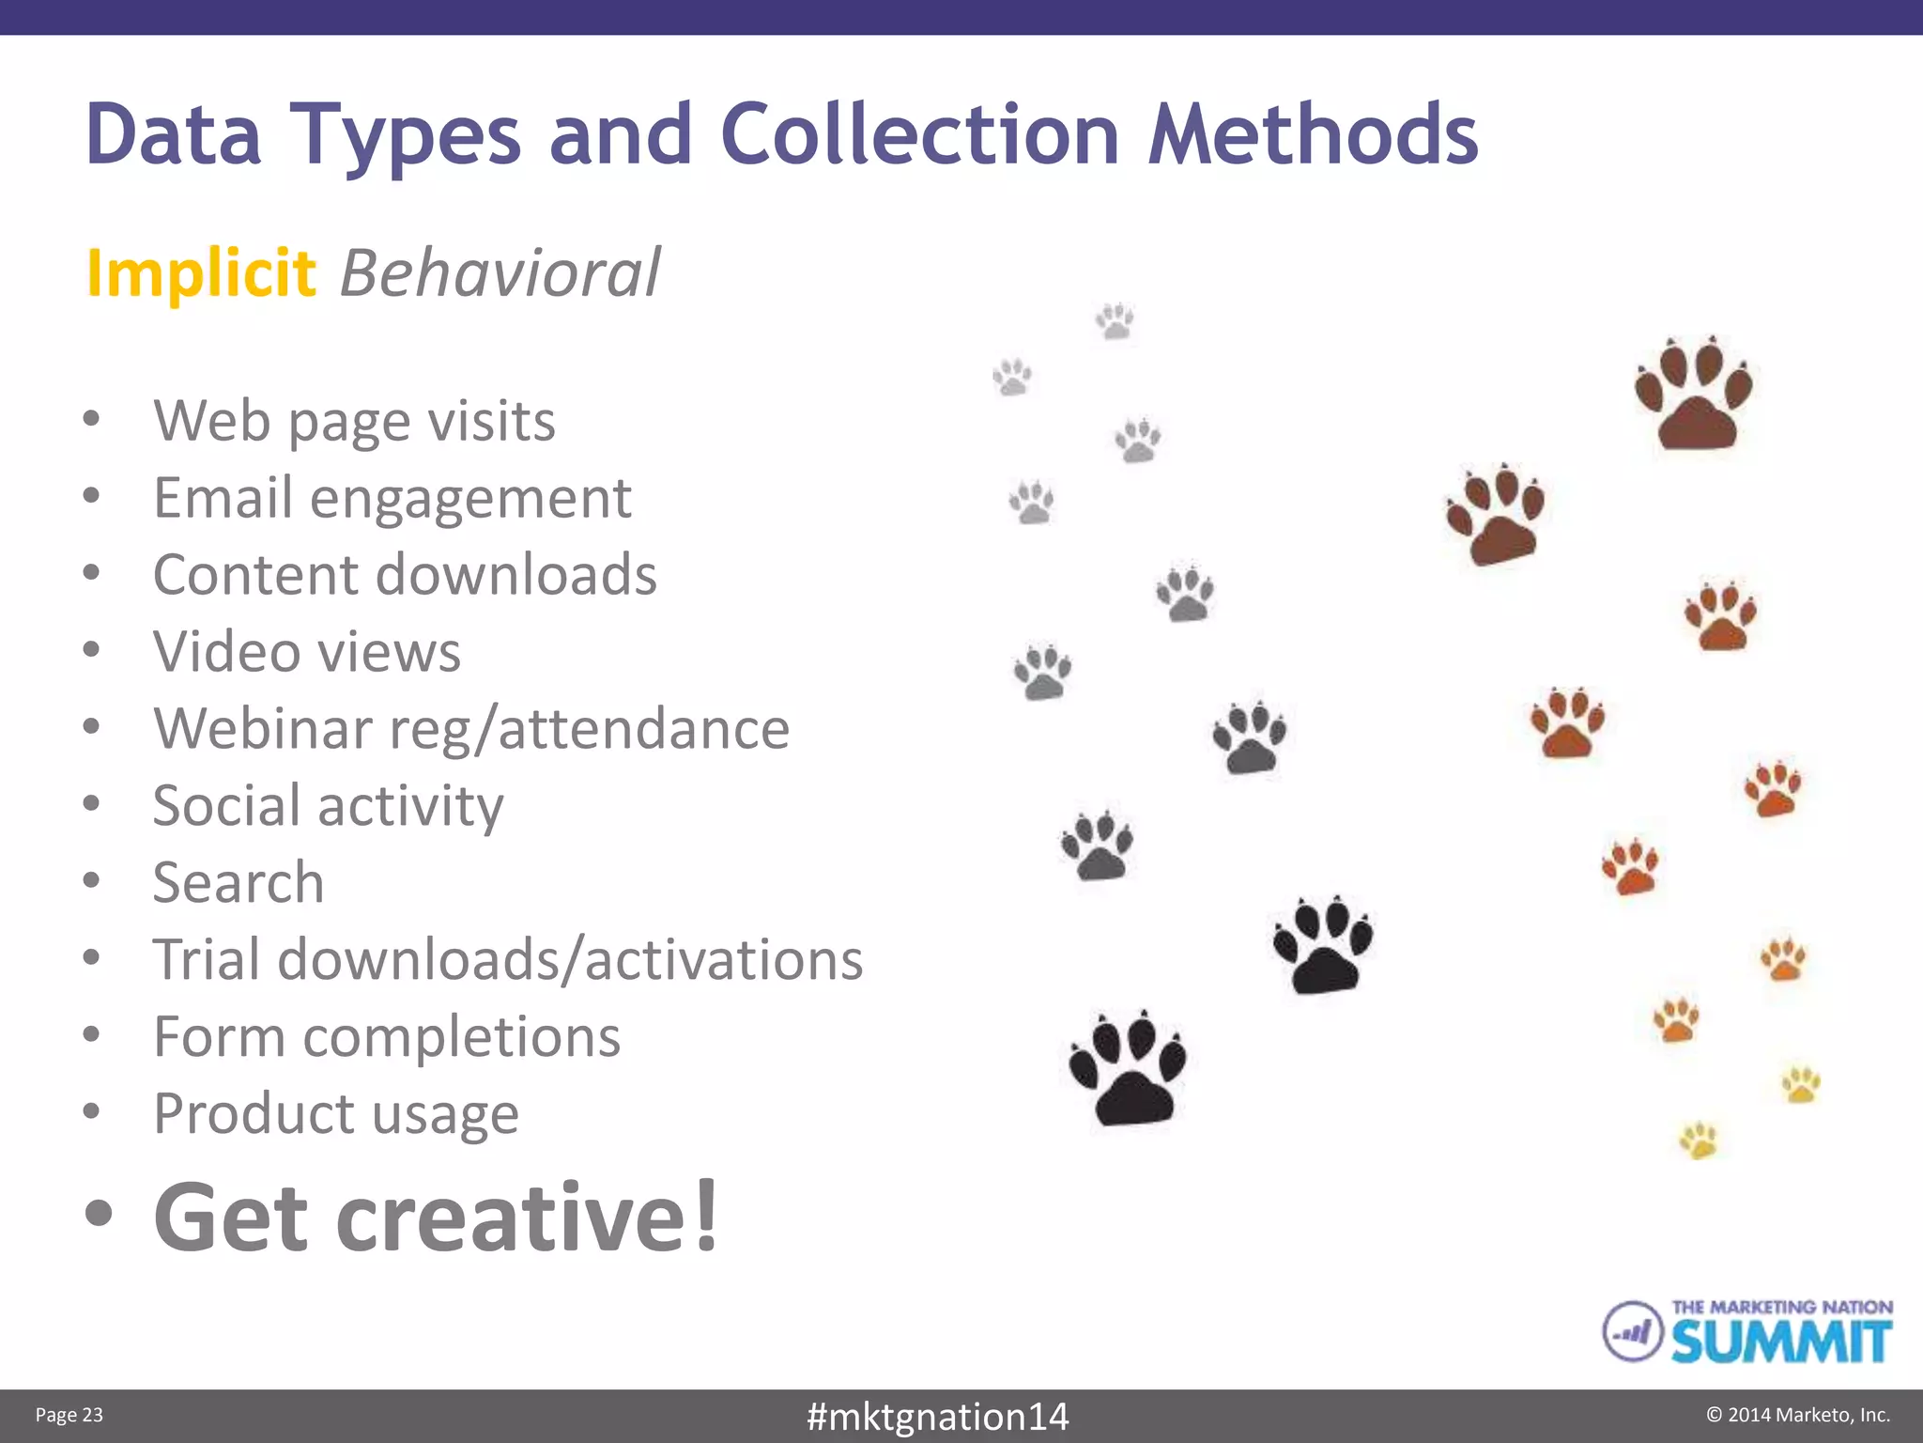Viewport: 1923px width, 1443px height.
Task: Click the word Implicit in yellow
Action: pyautogui.click(x=200, y=273)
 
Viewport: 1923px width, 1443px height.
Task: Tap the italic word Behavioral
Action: pyautogui.click(x=500, y=273)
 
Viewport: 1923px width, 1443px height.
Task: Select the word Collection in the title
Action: pyautogui.click(x=920, y=134)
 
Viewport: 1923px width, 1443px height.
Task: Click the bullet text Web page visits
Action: pyautogui.click(x=354, y=420)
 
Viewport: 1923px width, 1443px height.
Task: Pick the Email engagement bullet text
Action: pyautogui.click(x=392, y=497)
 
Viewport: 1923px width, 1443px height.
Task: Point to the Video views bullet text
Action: pyautogui.click(x=307, y=651)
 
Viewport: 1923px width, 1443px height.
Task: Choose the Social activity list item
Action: pyautogui.click(x=328, y=806)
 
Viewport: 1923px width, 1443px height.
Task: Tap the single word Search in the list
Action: pyautogui.click(x=238, y=882)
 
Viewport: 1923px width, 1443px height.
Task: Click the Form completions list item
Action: pyautogui.click(x=387, y=1036)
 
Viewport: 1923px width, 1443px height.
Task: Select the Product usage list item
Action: pyautogui.click(x=336, y=1114)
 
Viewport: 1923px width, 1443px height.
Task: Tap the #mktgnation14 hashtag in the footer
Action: pyautogui.click(x=937, y=1416)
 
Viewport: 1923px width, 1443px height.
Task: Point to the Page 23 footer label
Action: pyautogui.click(x=69, y=1415)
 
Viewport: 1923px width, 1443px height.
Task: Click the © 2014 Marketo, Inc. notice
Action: pyautogui.click(x=1797, y=1415)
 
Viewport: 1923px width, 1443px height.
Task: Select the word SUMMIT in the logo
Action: pyautogui.click(x=1780, y=1342)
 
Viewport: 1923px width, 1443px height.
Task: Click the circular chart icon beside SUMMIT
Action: pyautogui.click(x=1632, y=1330)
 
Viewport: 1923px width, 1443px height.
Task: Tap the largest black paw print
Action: pyautogui.click(x=1130, y=1069)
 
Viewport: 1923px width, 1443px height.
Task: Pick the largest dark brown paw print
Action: pyautogui.click(x=1694, y=395)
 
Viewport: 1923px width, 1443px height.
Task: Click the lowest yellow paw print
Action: pyautogui.click(x=1699, y=1140)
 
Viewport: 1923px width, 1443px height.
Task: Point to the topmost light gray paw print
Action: pyautogui.click(x=1115, y=321)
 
